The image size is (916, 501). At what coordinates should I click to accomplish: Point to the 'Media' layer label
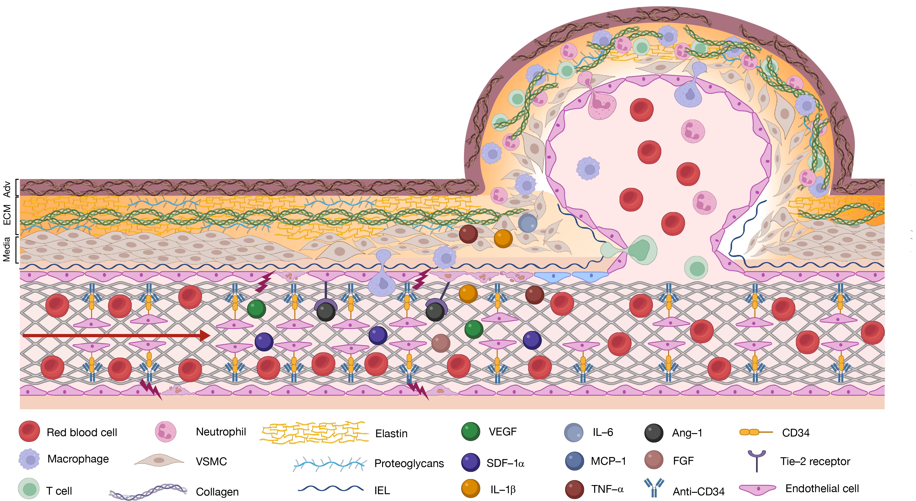coord(7,250)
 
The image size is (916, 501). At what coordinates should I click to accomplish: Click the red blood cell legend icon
coord(29,431)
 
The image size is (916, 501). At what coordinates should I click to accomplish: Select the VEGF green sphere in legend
coord(471,431)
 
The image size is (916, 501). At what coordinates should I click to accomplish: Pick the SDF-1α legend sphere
coord(471,462)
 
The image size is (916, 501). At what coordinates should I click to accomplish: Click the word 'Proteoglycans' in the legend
coord(409,463)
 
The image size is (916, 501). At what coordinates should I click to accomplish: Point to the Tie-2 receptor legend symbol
coord(757,460)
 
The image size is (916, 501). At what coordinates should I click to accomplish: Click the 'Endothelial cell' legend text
coord(822,488)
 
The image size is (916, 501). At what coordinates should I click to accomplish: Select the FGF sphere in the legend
coord(654,460)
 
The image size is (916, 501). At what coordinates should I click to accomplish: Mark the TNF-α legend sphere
coord(574,489)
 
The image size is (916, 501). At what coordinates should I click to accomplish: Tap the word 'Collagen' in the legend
coord(217,492)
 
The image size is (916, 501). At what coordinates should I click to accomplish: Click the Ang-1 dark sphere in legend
coord(654,433)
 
